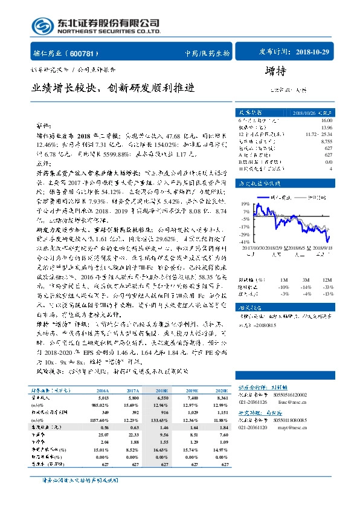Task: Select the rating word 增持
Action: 276,71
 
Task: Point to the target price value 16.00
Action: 327,120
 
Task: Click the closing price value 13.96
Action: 327,127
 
